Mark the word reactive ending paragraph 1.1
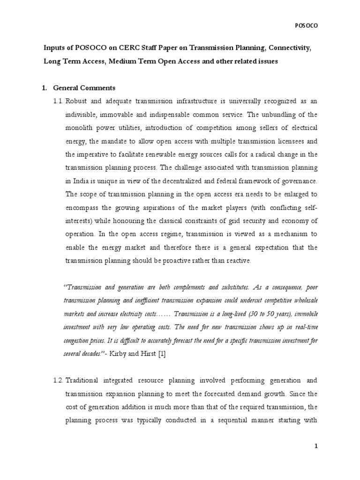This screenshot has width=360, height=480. point(239,261)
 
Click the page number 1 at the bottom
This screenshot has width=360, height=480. point(316,460)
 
